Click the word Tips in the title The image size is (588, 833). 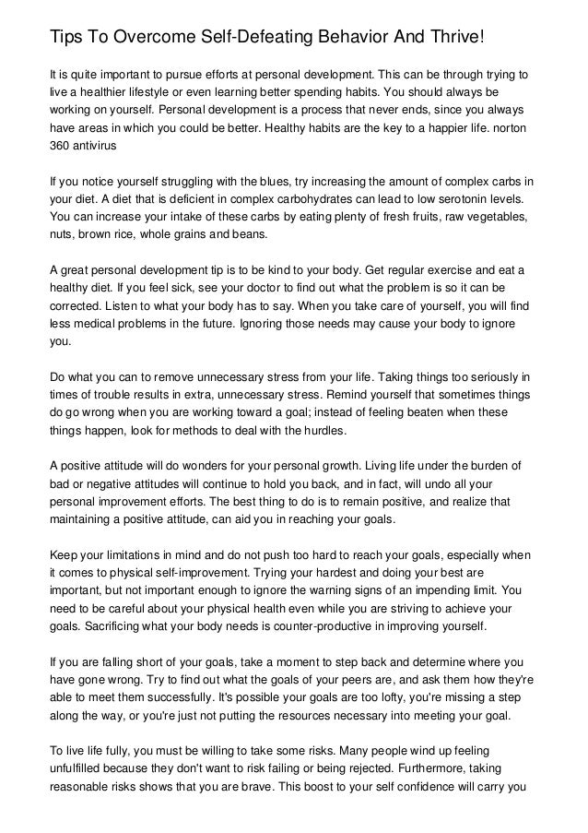[x=65, y=37]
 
